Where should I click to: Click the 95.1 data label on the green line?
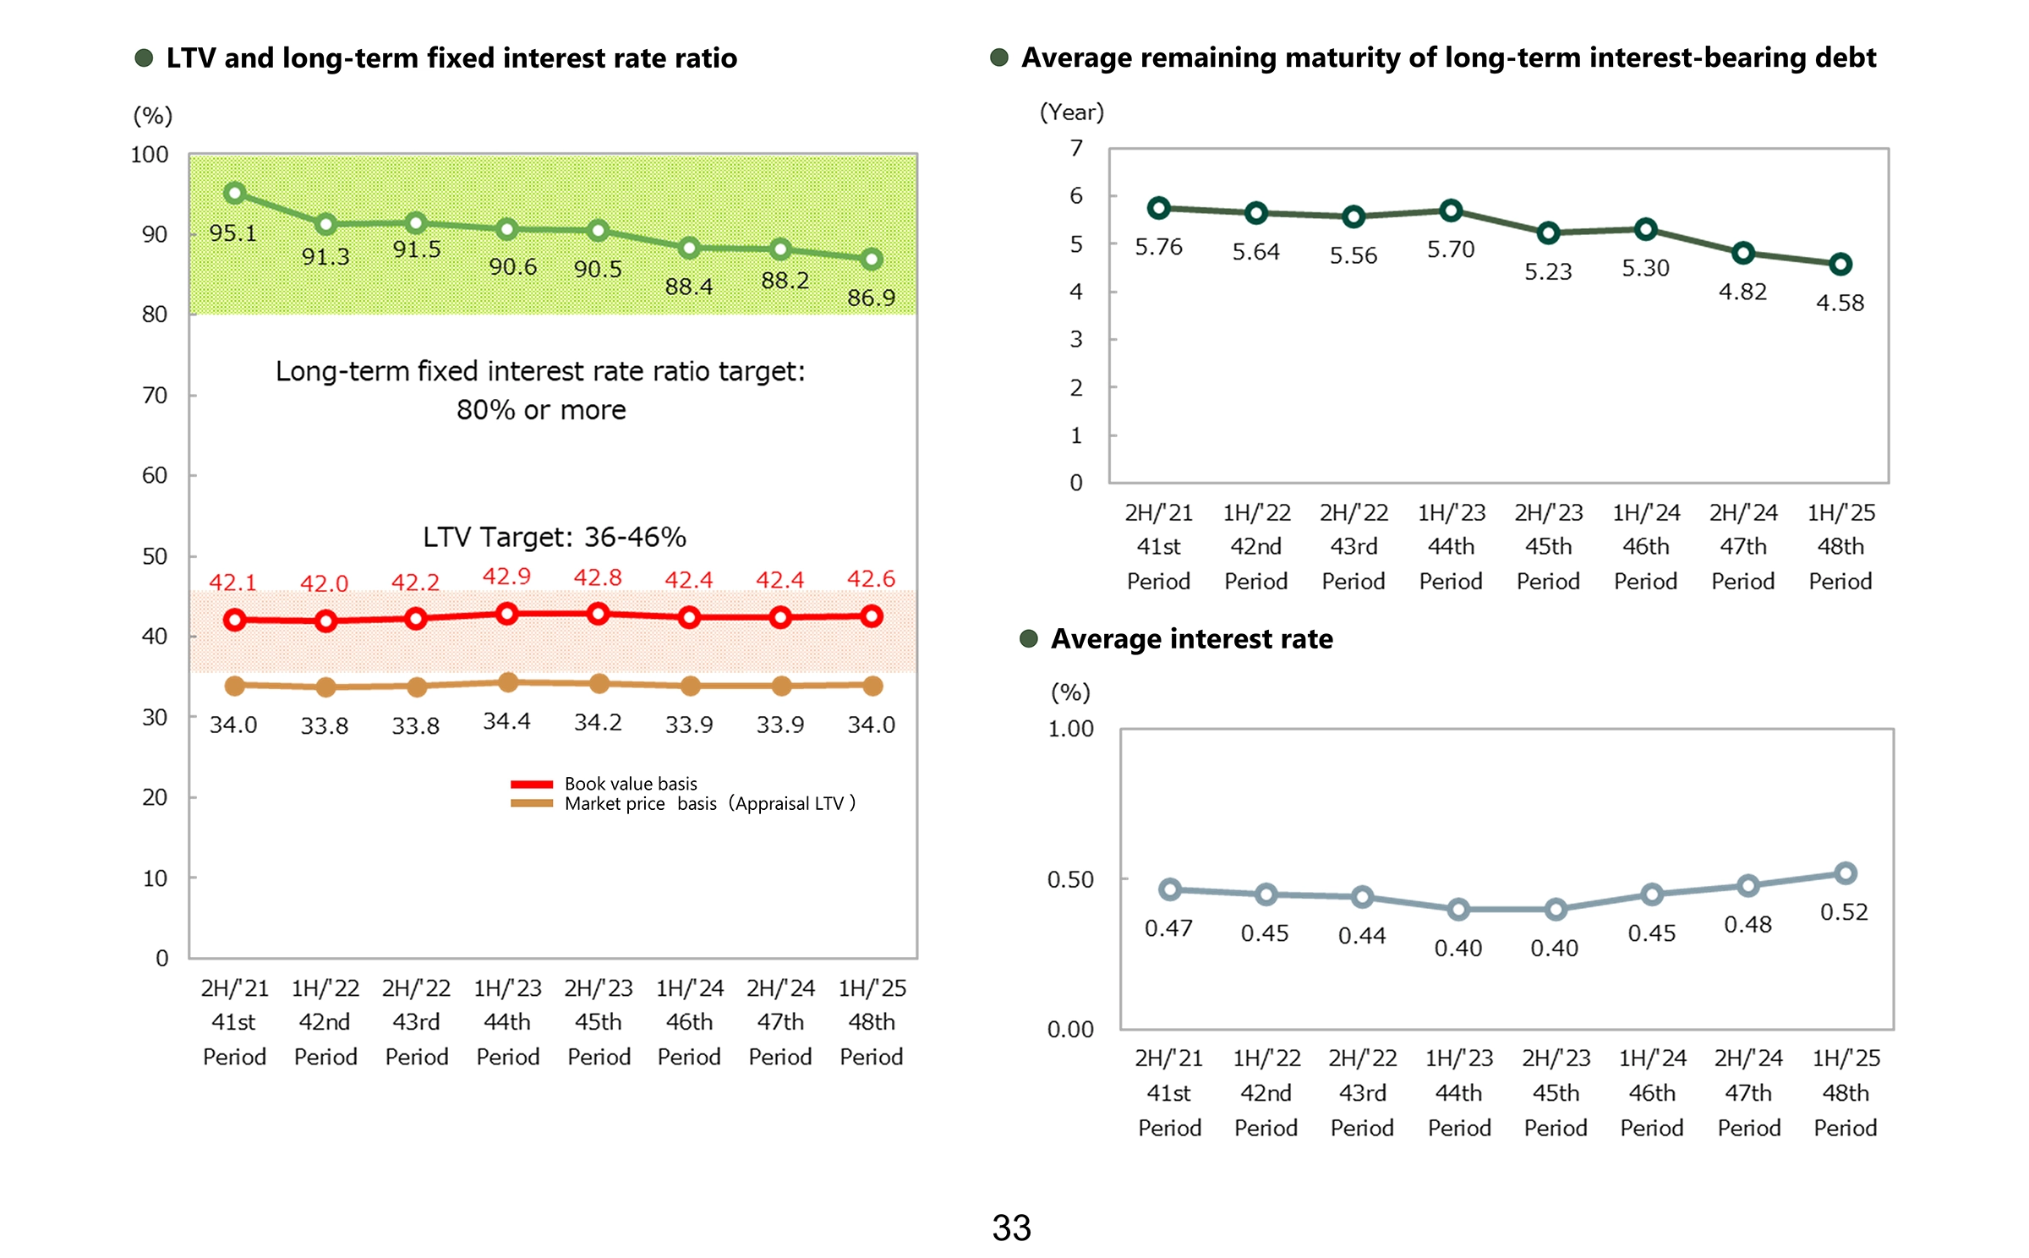(232, 232)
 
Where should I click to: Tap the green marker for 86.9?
(872, 260)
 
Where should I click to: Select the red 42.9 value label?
(506, 577)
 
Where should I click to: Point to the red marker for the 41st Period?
(235, 621)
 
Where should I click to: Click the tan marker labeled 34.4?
(507, 682)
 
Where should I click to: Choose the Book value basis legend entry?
(630, 784)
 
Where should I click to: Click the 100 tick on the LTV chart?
(150, 155)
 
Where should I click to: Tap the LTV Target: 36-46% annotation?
(554, 537)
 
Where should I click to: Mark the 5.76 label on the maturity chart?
(1158, 247)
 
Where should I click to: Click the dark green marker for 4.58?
(1840, 265)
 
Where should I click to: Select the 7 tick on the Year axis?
(1076, 149)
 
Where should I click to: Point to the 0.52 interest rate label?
(1844, 912)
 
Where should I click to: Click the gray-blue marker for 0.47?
(1170, 889)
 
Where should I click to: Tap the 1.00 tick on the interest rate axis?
(1070, 729)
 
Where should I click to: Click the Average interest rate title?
(1191, 639)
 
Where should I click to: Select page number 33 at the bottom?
(1011, 1228)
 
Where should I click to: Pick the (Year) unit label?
(1071, 112)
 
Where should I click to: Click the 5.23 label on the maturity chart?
(1548, 271)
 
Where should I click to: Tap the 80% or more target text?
(541, 410)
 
